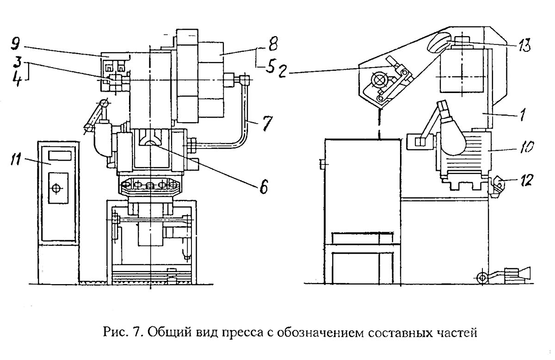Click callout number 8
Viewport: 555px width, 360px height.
coord(273,43)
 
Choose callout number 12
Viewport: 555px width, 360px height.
coord(525,180)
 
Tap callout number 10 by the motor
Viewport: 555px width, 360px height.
coord(526,146)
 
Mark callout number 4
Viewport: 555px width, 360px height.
coord(18,79)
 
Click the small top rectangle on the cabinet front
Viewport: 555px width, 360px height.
coord(60,155)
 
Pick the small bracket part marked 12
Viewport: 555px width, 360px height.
coord(496,186)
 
